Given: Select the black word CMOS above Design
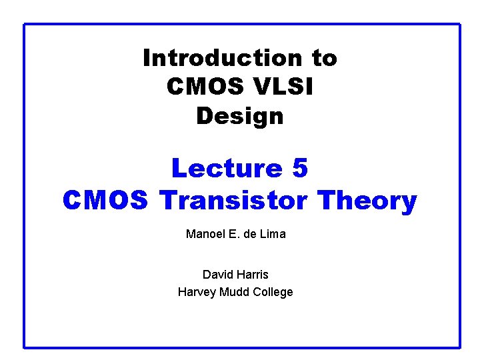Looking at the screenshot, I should point(198,87).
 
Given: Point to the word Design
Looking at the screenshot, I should point(240,116).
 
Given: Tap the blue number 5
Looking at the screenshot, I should point(300,169).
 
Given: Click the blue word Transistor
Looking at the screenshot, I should point(237,200).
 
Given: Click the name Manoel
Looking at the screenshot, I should point(205,234).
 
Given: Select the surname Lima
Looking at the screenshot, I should point(273,234).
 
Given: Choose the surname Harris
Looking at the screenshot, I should point(253,274).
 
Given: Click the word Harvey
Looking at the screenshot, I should point(195,292).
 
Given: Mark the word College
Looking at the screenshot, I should point(271,292).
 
